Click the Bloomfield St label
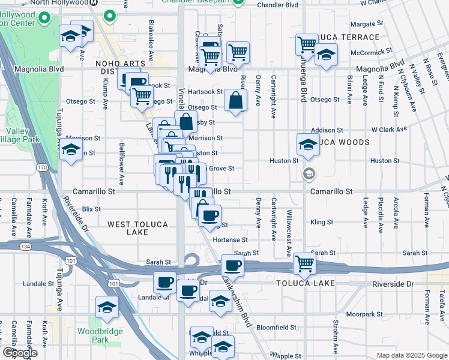[x=276, y=328]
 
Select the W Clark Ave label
[x=389, y=129]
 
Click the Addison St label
[x=327, y=130]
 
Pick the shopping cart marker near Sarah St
[x=305, y=263]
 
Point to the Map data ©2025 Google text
[x=411, y=355]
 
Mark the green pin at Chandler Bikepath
[x=238, y=2]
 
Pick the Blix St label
[x=91, y=209]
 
